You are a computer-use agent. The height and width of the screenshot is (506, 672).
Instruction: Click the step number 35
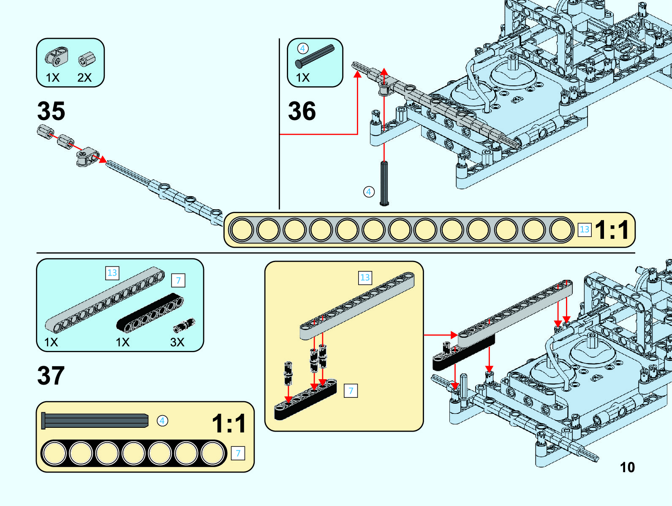click(51, 111)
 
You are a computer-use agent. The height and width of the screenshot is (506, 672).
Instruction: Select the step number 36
click(302, 111)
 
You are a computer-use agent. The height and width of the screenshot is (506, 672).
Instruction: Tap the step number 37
click(51, 375)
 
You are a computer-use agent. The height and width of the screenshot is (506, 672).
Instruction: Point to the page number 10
click(627, 467)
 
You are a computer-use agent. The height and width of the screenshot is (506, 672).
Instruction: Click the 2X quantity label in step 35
click(84, 78)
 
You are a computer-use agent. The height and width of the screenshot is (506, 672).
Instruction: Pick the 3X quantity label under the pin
click(177, 342)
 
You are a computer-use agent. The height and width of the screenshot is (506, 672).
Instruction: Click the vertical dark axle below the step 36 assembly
click(384, 183)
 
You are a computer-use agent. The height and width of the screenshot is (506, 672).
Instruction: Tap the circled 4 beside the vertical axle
click(369, 192)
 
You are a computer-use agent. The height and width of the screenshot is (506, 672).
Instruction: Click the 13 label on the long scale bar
click(584, 230)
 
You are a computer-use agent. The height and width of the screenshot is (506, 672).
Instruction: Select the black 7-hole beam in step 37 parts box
click(150, 313)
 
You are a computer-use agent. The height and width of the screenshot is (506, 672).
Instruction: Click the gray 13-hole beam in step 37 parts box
click(105, 300)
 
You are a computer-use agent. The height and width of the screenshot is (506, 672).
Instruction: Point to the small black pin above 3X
click(184, 325)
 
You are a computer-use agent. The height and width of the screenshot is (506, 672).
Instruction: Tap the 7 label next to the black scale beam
click(238, 453)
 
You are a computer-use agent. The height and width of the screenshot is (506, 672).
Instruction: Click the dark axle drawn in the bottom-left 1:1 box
click(95, 421)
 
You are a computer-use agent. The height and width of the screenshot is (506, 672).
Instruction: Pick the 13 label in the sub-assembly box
click(365, 278)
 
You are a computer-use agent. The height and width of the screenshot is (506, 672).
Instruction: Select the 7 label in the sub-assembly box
click(351, 391)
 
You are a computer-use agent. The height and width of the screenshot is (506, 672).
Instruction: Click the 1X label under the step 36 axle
click(303, 78)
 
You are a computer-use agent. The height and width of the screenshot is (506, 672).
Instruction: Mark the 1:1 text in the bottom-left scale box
click(229, 424)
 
